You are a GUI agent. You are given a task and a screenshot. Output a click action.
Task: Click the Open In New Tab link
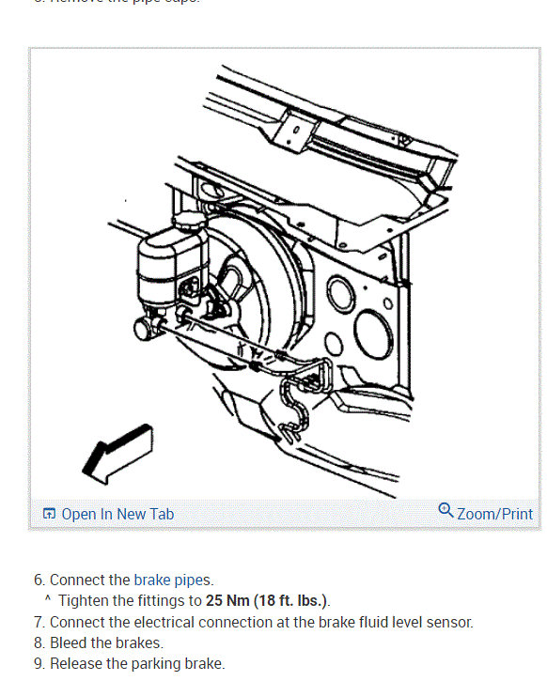click(117, 514)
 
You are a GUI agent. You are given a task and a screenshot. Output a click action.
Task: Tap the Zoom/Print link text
click(494, 514)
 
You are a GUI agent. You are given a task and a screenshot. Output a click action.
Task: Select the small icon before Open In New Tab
click(50, 515)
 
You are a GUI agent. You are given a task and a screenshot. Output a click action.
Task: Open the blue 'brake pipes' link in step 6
click(173, 580)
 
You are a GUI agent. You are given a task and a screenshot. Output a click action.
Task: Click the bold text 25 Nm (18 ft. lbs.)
click(267, 600)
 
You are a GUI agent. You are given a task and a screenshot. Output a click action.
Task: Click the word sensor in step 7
click(449, 622)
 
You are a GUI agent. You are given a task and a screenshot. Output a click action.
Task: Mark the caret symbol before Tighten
click(47, 599)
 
